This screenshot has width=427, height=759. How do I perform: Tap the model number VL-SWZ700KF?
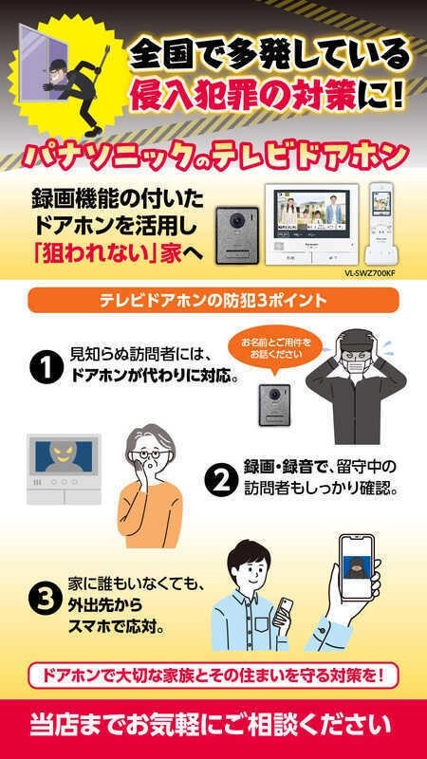[369, 273]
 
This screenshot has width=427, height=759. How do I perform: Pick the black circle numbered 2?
[221, 479]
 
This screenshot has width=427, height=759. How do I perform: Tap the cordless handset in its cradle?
[382, 223]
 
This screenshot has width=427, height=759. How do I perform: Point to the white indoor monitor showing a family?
[311, 224]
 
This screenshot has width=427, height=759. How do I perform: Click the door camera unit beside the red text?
[237, 234]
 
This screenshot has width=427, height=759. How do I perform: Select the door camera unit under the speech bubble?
[274, 405]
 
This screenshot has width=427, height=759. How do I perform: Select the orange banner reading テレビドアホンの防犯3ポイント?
[213, 300]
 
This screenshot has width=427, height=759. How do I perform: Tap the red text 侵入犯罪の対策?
[245, 92]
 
